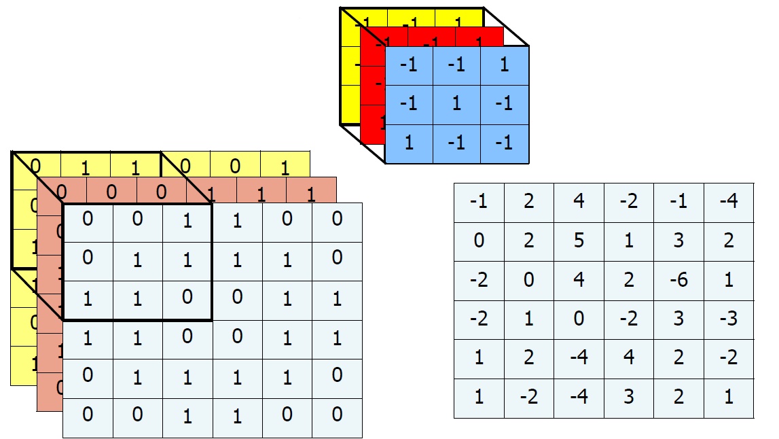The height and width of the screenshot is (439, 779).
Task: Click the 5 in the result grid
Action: tap(579, 241)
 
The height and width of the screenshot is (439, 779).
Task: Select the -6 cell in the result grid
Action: tap(678, 280)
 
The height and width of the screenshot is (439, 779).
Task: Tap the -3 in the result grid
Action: tap(729, 319)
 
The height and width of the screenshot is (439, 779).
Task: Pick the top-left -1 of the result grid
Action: tap(479, 202)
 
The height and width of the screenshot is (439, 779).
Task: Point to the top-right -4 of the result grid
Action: tap(729, 202)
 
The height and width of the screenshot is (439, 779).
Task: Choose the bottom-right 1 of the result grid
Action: tap(729, 397)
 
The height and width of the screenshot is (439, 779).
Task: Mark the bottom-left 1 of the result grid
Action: tap(479, 397)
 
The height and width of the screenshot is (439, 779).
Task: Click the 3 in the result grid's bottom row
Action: tap(629, 397)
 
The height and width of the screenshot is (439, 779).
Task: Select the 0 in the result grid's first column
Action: tap(479, 241)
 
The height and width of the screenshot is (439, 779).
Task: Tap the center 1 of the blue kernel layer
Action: tap(456, 104)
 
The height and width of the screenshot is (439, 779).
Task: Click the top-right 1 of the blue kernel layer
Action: tap(504, 66)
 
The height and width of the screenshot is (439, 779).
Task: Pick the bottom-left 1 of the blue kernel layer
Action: tap(409, 143)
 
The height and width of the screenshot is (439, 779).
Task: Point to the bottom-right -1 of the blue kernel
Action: tap(504, 143)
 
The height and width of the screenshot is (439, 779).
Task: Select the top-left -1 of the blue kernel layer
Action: tap(409, 66)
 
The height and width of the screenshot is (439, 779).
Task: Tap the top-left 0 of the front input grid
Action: tap(87, 219)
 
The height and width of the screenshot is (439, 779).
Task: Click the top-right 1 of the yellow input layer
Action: tap(285, 167)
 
